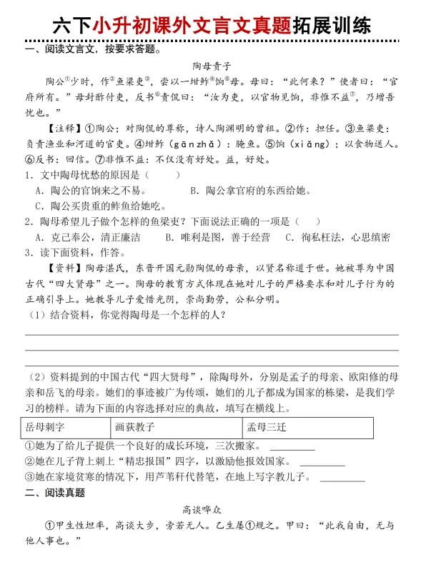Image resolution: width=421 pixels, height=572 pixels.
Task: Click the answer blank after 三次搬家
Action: [x=292, y=449]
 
